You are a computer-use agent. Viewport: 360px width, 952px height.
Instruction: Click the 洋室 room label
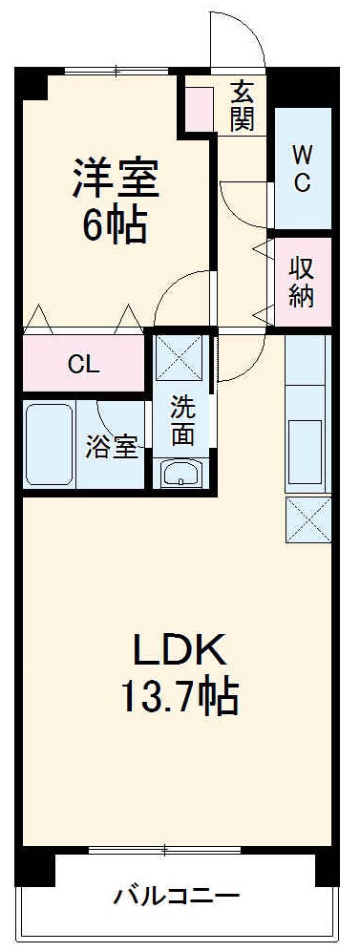[x=113, y=177]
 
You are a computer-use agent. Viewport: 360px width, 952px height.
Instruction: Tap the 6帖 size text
[x=113, y=226]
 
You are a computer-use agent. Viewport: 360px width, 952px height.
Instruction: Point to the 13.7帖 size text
[x=179, y=700]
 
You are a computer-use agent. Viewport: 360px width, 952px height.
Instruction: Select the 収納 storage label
[x=302, y=282]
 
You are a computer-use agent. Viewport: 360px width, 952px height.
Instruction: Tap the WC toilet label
[x=301, y=168]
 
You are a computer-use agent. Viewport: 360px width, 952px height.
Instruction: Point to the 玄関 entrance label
[x=242, y=106]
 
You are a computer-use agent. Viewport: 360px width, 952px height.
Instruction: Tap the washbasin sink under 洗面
[x=181, y=474]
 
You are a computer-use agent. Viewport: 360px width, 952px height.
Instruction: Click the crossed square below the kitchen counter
[x=308, y=518]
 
